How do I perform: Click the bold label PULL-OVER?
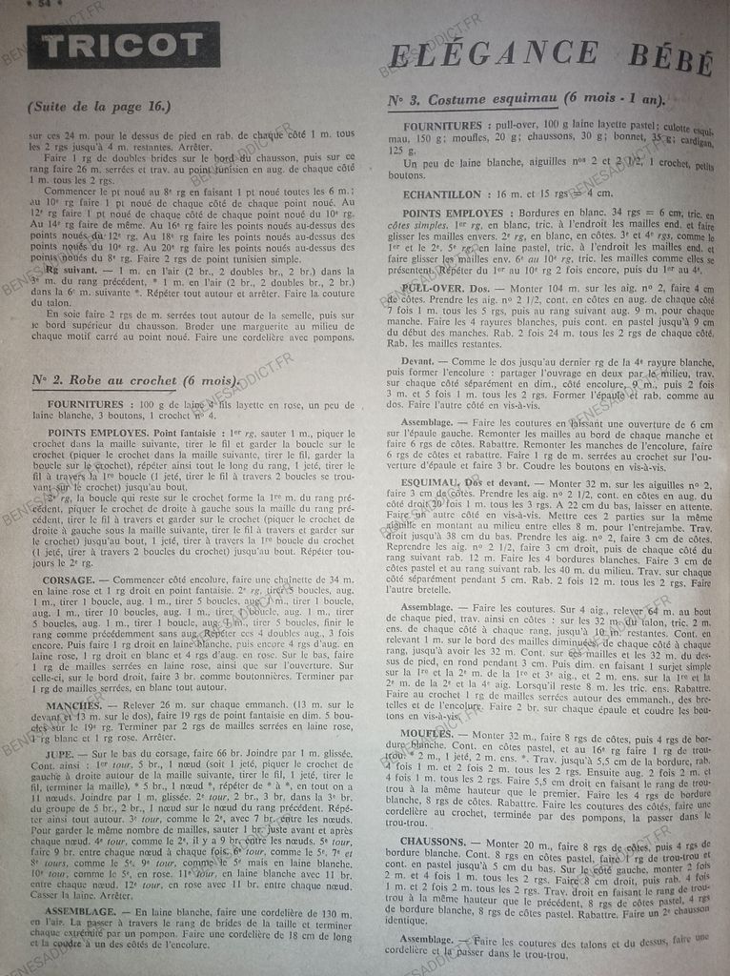point(428,288)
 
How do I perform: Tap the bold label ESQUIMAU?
point(433,481)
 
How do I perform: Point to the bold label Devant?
point(421,361)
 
